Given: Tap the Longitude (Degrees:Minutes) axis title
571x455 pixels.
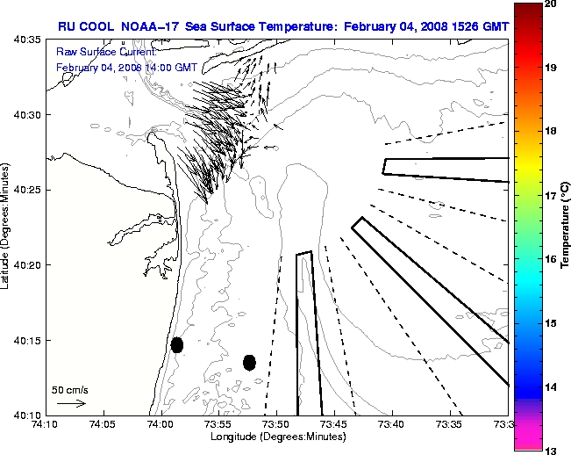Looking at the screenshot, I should coord(276,437).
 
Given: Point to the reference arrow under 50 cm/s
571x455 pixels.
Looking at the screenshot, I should coord(70,403).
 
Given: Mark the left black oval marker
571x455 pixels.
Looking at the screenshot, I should coord(177,344).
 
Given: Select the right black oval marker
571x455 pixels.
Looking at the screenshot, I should coord(249,362).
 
